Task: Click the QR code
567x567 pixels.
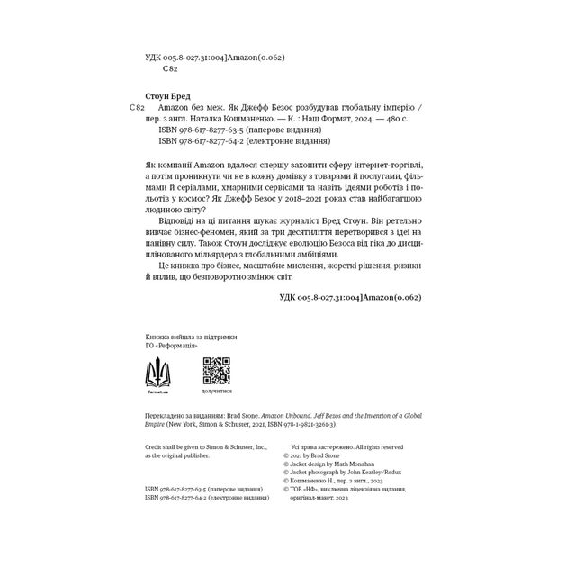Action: coord(216,371)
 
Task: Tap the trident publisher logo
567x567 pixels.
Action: coord(158,371)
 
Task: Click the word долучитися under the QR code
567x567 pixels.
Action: coord(216,391)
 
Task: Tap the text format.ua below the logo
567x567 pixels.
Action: coord(158,392)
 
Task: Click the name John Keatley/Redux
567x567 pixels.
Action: coord(370,471)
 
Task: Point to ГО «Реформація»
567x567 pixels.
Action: coord(172,345)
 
